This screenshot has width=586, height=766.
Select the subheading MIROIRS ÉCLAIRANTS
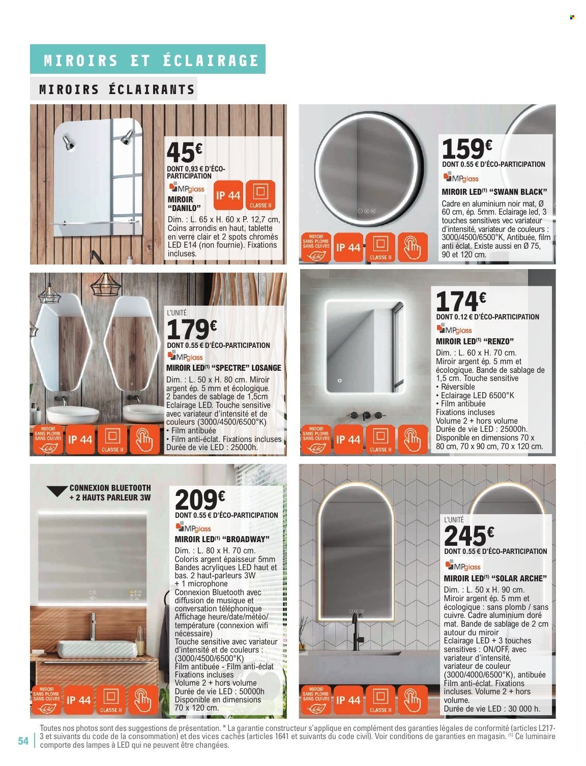tap(117, 90)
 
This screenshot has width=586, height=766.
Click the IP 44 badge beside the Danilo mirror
tap(228, 196)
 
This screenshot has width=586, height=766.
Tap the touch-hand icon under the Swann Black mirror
tap(413, 247)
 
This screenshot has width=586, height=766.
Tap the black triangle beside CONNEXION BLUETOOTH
tap(56, 491)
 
